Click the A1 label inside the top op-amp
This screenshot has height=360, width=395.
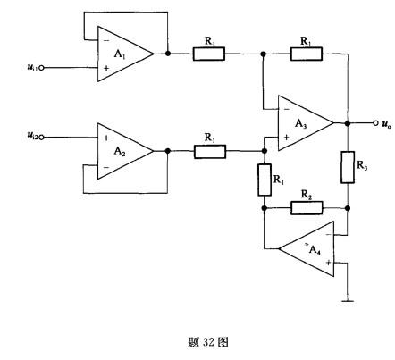pyautogui.click(x=120, y=54)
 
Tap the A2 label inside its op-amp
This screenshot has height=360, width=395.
pyautogui.click(x=120, y=152)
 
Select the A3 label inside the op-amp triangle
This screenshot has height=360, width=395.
pyautogui.click(x=301, y=123)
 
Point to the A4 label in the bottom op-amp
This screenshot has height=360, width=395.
pyautogui.click(x=315, y=250)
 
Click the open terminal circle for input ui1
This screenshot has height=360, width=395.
pyautogui.click(x=41, y=68)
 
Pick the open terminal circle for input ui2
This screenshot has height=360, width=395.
pyautogui.click(x=41, y=138)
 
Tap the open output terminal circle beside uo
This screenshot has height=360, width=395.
pyautogui.click(x=375, y=123)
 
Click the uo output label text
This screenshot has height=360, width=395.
pyautogui.click(x=387, y=124)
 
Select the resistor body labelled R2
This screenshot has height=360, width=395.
pyautogui.click(x=307, y=208)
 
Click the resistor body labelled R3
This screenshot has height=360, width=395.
pyautogui.click(x=348, y=167)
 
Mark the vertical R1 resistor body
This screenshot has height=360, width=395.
pyautogui.click(x=265, y=180)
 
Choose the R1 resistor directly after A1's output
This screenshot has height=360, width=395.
pyautogui.click(x=209, y=54)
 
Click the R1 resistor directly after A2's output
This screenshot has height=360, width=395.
pyautogui.click(x=210, y=152)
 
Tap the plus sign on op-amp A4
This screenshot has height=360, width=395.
pyautogui.click(x=328, y=263)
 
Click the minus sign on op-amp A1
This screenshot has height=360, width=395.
pyautogui.click(x=106, y=40)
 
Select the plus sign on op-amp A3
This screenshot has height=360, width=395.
pyautogui.click(x=286, y=138)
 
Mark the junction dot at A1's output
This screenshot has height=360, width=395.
pyautogui.click(x=168, y=54)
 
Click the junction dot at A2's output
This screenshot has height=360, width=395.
pyautogui.click(x=168, y=151)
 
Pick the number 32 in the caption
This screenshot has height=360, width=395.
pyautogui.click(x=208, y=342)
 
